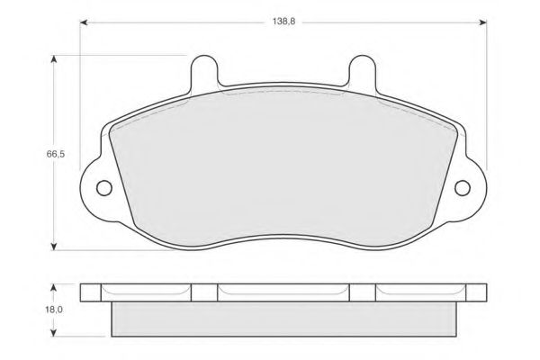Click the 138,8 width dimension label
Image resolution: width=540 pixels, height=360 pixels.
click(x=283, y=22)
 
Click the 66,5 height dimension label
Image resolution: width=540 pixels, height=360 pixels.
click(x=56, y=154)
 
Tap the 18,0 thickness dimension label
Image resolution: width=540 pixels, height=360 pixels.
click(x=54, y=310)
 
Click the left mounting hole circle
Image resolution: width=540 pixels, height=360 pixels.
click(x=104, y=188)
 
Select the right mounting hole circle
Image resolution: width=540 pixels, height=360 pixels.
click(x=463, y=188)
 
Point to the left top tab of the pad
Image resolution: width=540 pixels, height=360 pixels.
click(x=204, y=70)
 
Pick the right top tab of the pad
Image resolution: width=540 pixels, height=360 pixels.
click(x=362, y=70)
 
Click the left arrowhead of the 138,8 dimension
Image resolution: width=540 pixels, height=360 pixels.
click(x=84, y=22)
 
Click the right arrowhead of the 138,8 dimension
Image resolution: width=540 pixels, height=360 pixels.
click(x=482, y=22)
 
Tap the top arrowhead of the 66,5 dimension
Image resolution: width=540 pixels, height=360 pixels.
click(x=53, y=59)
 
